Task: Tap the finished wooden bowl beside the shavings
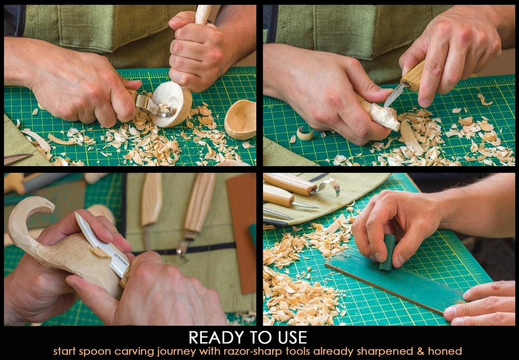pyautogui.click(x=241, y=119)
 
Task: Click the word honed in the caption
pyautogui.click(x=445, y=351)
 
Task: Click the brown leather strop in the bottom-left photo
pyautogui.click(x=241, y=232)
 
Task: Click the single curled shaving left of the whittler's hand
pyautogui.click(x=304, y=133)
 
